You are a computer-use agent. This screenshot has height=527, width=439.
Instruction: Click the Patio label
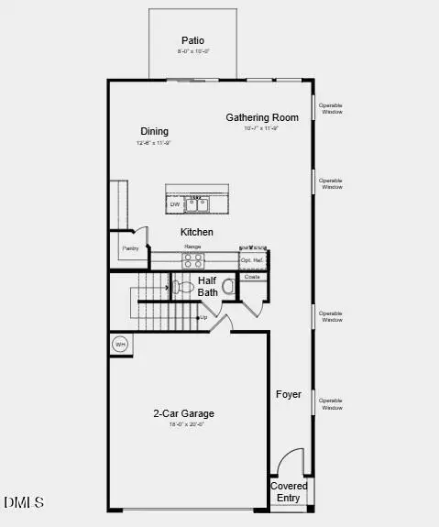[x=192, y=40]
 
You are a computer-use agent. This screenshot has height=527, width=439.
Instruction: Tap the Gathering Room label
[x=262, y=117]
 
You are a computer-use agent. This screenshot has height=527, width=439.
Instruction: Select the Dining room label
[x=154, y=131]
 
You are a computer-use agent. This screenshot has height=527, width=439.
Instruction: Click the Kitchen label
[x=196, y=232]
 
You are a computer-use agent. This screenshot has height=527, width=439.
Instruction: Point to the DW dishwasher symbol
[x=174, y=203]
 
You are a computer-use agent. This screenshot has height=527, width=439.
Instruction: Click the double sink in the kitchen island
[x=197, y=203]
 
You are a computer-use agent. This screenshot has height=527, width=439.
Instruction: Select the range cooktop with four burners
[x=192, y=259]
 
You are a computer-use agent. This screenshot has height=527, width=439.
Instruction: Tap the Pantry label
[x=130, y=247]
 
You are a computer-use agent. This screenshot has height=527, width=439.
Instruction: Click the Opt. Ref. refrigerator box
[x=252, y=260]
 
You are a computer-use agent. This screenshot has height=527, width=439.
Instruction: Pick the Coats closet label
[x=252, y=276]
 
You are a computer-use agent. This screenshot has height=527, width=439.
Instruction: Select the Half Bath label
[x=208, y=286]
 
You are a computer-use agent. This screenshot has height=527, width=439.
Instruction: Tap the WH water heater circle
[x=120, y=345]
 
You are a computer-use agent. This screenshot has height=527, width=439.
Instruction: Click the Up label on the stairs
[x=203, y=317]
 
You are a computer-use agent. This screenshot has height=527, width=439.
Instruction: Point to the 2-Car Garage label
[x=183, y=413]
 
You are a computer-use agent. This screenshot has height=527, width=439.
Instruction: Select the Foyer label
[x=289, y=394]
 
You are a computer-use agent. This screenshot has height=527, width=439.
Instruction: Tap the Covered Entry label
[x=289, y=491]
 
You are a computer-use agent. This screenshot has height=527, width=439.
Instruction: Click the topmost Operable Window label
[x=330, y=108]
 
